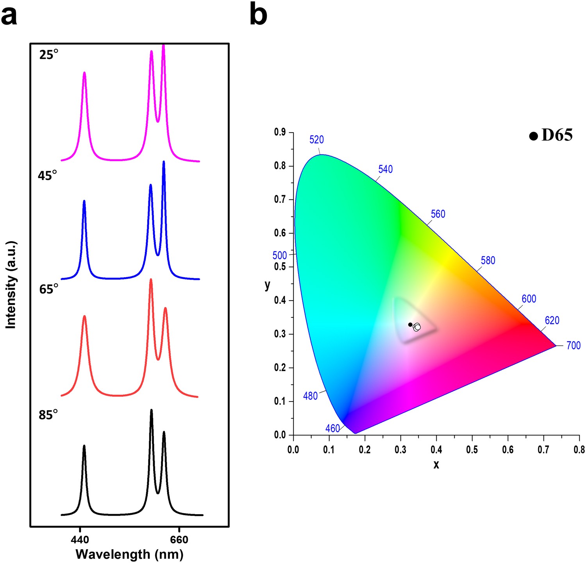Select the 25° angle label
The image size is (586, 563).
point(48,55)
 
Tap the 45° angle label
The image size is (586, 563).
point(47,176)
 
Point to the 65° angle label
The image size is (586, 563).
point(48,289)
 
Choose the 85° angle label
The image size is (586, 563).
point(48,415)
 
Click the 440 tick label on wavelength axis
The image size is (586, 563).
point(80,540)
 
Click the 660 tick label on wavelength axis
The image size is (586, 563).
point(179,540)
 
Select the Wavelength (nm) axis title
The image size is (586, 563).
point(129,554)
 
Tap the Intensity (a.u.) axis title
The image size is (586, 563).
point(11,285)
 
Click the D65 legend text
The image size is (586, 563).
point(557,135)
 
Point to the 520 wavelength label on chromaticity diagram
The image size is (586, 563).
point(316,140)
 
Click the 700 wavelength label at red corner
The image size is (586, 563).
point(573,346)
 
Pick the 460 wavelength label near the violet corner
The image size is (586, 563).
point(332,429)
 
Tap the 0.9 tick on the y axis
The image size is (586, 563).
point(280,133)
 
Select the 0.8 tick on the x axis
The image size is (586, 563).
point(579,450)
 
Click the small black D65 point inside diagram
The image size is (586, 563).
point(410,325)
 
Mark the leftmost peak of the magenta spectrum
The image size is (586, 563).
point(84,73)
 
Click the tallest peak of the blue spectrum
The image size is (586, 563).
point(164,162)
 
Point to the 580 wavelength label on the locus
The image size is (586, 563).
point(488,260)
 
